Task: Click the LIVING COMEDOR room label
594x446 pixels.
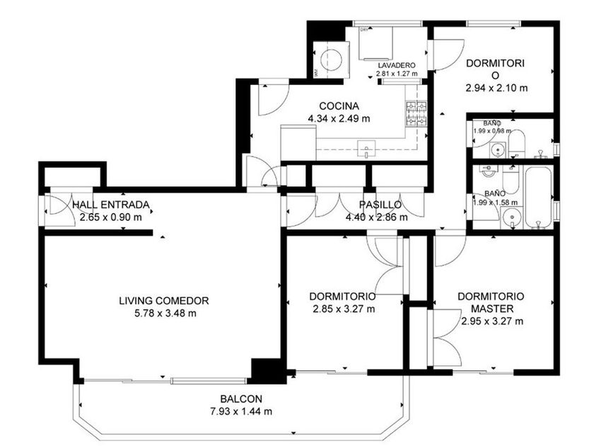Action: pyautogui.click(x=163, y=301)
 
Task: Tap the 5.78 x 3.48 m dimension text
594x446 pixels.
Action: pyautogui.click(x=165, y=313)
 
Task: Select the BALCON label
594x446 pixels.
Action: pyautogui.click(x=241, y=399)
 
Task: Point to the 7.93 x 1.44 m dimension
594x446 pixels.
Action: pyautogui.click(x=241, y=411)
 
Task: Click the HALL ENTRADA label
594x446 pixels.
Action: pyautogui.click(x=110, y=205)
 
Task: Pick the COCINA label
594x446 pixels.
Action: pyautogui.click(x=339, y=106)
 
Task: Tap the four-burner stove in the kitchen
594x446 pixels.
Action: pyautogui.click(x=417, y=113)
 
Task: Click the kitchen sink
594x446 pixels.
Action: pyautogui.click(x=366, y=149)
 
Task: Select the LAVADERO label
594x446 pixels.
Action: pyautogui.click(x=397, y=66)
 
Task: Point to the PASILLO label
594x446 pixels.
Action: pyautogui.click(x=380, y=205)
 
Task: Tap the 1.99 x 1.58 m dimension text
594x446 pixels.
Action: pyautogui.click(x=495, y=202)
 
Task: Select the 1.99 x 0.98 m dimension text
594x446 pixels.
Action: pyautogui.click(x=492, y=131)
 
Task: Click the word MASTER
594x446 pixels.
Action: pyautogui.click(x=492, y=309)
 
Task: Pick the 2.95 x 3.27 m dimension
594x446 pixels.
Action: pyautogui.click(x=492, y=321)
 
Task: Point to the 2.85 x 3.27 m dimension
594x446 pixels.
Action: pyautogui.click(x=344, y=309)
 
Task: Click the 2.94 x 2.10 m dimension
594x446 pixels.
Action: pyautogui.click(x=496, y=88)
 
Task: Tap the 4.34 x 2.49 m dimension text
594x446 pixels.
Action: pyautogui.click(x=339, y=118)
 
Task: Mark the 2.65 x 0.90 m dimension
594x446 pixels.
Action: pyautogui.click(x=110, y=217)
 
